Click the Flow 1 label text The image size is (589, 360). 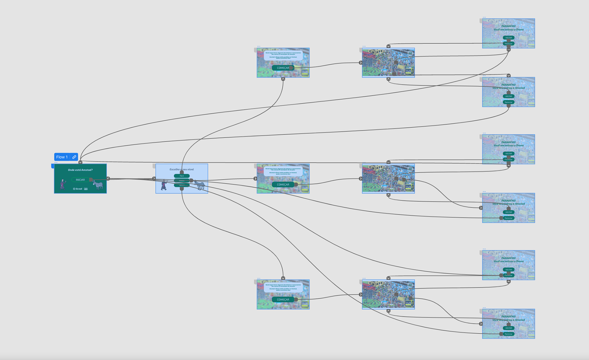(62, 157)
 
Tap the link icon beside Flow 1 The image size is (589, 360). (74, 157)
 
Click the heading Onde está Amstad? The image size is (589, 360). (80, 170)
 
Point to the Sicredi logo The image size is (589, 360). (78, 189)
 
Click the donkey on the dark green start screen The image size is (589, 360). (98, 185)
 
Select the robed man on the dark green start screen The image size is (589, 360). (63, 184)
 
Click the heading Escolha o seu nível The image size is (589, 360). (182, 169)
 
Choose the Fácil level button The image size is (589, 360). (182, 176)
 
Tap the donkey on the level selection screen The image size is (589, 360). (200, 185)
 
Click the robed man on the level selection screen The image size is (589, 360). (164, 185)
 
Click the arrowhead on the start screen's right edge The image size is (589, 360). (108, 178)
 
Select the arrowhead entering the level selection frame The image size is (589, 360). (154, 178)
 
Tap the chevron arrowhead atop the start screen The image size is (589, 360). (80, 162)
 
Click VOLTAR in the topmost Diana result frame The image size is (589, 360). (508, 38)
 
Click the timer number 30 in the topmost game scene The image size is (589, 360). (410, 53)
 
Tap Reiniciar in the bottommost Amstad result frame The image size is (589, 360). (508, 334)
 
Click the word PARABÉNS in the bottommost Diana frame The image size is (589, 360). (508, 258)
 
